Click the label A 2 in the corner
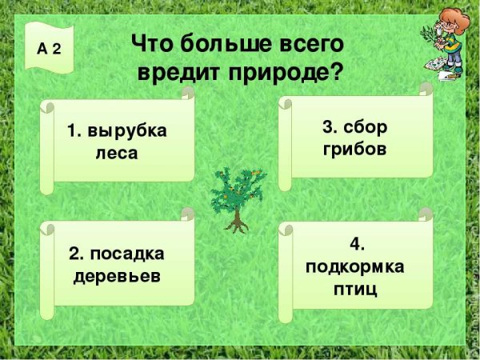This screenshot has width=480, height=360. (49, 48)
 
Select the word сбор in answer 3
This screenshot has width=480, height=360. (369, 126)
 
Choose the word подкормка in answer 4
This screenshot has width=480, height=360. (355, 266)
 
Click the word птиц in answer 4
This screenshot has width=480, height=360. (355, 287)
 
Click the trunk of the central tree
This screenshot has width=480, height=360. (236, 218)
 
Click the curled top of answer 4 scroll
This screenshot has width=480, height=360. (425, 214)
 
